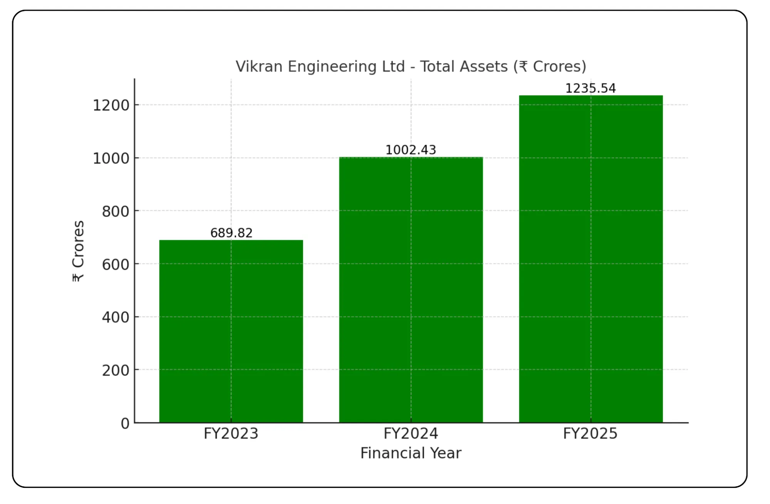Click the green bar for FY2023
pos(231,331)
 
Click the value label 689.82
pos(231,233)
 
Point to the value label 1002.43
pos(411,150)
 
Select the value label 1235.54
pos(591,88)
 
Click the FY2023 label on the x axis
pos(231,434)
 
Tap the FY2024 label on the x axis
pos(411,434)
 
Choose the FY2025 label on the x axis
pos(590,434)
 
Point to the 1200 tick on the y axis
pos(111,105)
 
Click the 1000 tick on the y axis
pos(111,158)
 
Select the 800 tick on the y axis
pos(115,211)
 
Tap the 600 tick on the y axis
pos(115,265)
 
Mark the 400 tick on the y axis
pos(115,317)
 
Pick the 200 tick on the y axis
pos(115,370)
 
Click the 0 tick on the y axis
pos(125,424)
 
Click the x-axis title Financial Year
pos(411,453)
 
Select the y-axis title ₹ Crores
pos(78,251)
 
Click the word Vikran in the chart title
pos(259,67)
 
